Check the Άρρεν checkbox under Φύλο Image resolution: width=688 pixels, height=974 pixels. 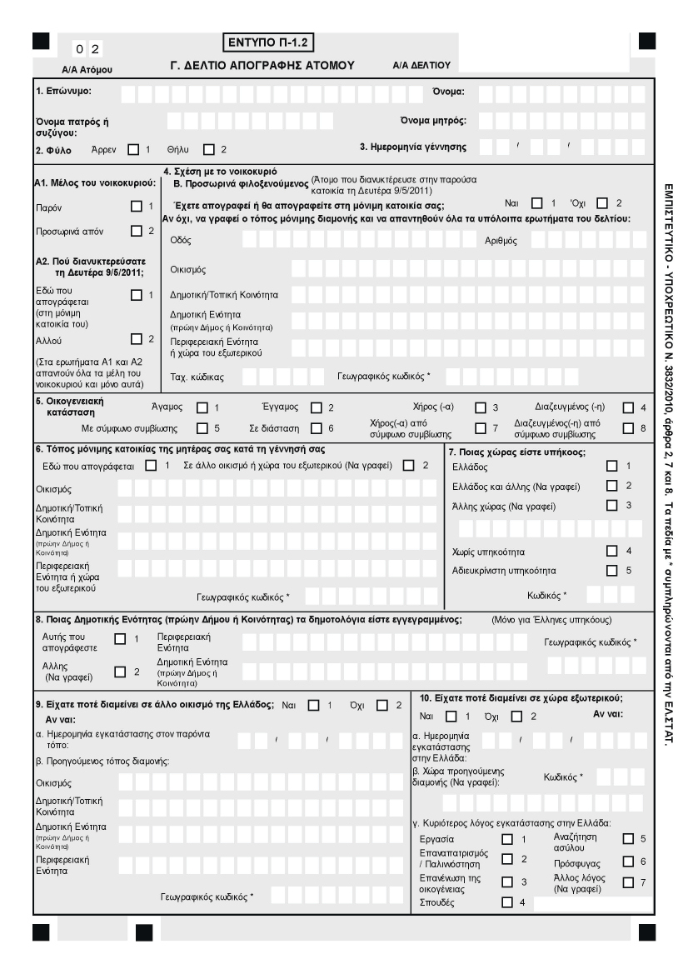point(133,150)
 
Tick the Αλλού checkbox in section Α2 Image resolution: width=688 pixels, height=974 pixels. point(137,338)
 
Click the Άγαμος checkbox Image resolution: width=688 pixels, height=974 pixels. point(202,407)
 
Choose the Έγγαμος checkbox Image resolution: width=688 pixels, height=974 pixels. point(316,407)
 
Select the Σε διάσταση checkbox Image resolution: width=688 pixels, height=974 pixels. point(316,429)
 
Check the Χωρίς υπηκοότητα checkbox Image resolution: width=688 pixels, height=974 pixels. point(613,551)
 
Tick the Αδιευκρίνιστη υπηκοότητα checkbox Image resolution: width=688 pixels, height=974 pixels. point(613,570)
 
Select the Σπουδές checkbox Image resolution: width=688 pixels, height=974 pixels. point(506,902)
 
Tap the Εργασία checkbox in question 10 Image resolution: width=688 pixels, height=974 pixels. point(506,839)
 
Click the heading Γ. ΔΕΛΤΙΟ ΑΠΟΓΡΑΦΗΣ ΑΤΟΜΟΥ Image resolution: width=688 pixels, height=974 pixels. point(262,64)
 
